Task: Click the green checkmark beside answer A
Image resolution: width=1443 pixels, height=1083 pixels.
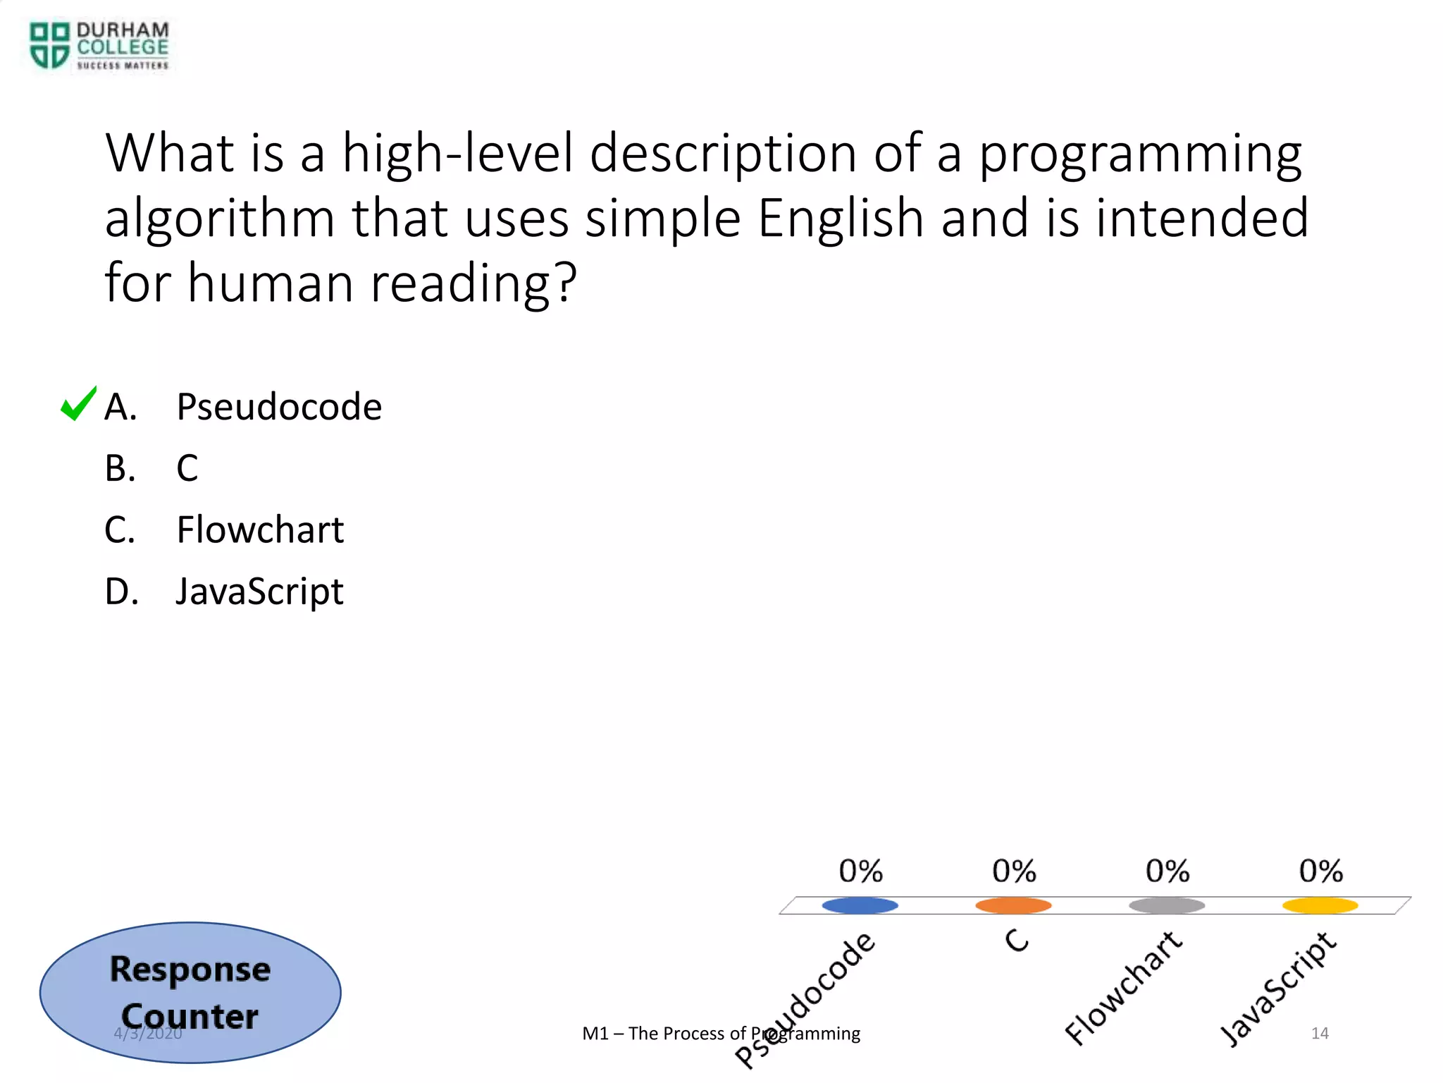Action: [78, 404]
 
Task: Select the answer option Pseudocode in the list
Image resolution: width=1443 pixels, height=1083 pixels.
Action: [278, 407]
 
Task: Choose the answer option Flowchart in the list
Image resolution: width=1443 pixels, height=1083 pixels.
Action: [259, 530]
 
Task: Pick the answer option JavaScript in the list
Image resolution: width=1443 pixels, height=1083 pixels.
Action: [259, 591]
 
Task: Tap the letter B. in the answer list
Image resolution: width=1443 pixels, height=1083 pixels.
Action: [120, 468]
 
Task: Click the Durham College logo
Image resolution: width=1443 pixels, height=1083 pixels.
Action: [99, 46]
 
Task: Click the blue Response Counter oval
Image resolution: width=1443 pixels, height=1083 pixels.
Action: [190, 992]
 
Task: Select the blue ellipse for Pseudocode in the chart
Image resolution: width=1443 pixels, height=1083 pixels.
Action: [860, 905]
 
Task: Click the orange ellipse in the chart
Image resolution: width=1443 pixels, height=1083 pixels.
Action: [1013, 905]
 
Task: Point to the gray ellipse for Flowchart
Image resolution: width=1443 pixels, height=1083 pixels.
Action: [1167, 905]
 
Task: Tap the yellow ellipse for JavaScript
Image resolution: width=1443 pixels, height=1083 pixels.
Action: [1320, 905]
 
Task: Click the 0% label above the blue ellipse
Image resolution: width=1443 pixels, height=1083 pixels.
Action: [860, 871]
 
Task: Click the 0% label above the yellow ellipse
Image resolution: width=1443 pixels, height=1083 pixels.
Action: [1320, 871]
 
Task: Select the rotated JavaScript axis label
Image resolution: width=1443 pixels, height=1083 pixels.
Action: [1277, 989]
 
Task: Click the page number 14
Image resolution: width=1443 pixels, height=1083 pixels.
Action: [1320, 1033]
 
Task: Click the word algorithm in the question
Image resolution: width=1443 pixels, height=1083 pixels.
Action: [220, 219]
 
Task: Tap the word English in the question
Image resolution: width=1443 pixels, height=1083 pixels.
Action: [840, 219]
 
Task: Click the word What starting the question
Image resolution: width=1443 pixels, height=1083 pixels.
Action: [169, 153]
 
